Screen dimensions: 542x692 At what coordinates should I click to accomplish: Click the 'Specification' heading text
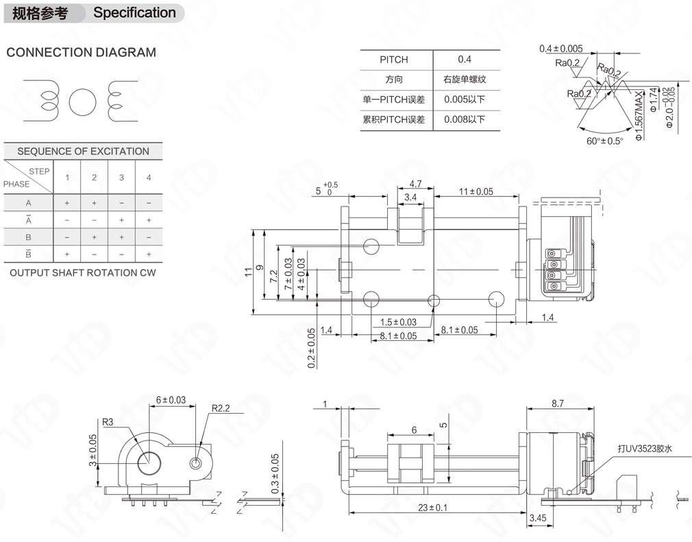(x=134, y=12)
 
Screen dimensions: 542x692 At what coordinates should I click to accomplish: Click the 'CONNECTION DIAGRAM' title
(x=81, y=52)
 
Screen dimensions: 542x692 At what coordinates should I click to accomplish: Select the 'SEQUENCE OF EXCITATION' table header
(x=83, y=151)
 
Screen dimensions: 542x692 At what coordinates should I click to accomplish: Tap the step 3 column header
(x=121, y=178)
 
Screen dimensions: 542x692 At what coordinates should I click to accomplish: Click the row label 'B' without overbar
(x=29, y=237)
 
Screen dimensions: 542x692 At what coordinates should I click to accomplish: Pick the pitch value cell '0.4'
(x=465, y=60)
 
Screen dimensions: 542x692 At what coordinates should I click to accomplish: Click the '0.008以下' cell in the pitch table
(x=465, y=119)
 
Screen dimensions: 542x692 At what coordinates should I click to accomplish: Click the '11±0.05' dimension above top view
(x=475, y=191)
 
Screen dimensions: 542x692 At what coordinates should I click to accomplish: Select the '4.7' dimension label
(x=415, y=184)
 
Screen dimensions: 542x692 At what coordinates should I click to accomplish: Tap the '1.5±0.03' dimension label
(x=398, y=322)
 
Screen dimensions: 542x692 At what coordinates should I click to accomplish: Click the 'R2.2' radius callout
(x=220, y=408)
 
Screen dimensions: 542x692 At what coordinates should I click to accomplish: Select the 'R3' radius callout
(x=108, y=423)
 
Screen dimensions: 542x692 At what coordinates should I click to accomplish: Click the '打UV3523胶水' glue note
(x=643, y=449)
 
